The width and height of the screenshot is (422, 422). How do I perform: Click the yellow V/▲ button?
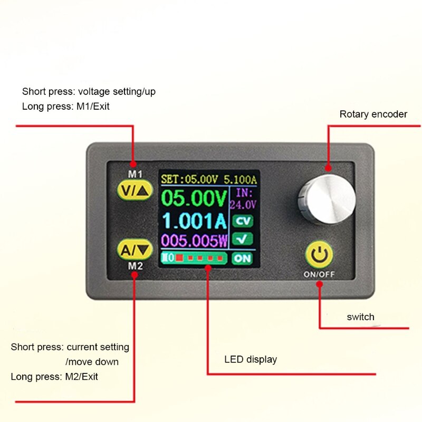pos(136,190)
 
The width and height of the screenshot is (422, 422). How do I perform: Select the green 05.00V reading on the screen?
pos(194,200)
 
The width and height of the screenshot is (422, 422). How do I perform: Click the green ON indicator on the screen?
pos(242,258)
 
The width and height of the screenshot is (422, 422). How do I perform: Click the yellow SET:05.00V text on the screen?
pos(186,179)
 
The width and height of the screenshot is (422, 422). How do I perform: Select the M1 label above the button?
pos(136,174)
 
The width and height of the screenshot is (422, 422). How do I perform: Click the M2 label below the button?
pos(136,266)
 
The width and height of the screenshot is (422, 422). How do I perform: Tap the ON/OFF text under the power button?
pos(319,274)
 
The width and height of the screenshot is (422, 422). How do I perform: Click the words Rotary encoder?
pos(373,114)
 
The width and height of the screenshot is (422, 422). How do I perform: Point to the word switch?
pos(360,317)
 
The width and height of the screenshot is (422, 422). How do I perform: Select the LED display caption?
pos(251,360)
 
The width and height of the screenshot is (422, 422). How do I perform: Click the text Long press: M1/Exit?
pos(66,106)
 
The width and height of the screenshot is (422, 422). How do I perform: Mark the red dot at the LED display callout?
pos(208,268)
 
